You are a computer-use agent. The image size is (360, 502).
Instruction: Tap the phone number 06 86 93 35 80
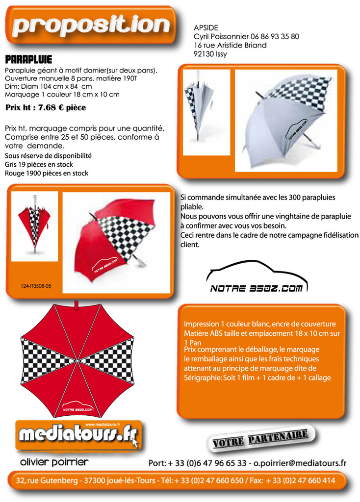(x=275, y=36)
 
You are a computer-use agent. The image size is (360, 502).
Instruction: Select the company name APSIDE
(x=206, y=27)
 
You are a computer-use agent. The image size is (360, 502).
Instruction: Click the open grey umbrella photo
(x=286, y=121)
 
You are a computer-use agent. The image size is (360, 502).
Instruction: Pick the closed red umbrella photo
(x=34, y=226)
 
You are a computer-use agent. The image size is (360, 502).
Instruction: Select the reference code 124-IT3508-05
(x=36, y=285)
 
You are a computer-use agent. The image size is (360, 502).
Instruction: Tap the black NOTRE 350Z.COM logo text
(x=256, y=289)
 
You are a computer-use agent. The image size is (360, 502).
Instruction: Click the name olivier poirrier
(x=54, y=462)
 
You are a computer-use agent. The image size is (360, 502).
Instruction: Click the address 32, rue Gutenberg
(x=47, y=480)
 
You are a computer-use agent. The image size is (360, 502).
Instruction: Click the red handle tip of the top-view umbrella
(x=77, y=306)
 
